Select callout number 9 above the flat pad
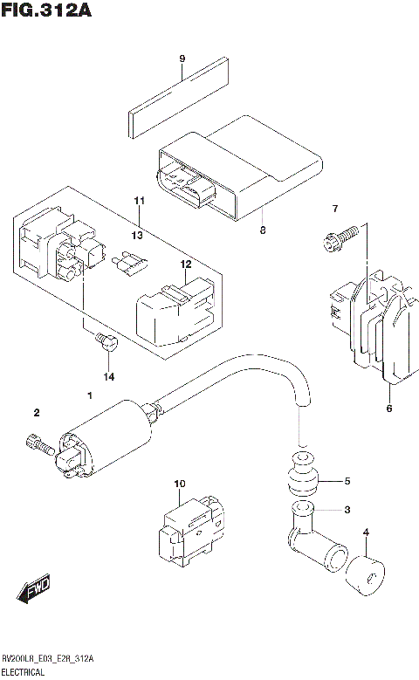182,58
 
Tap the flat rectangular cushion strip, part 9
180,95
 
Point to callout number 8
261,231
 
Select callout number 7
333,208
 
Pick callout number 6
388,408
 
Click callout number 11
137,202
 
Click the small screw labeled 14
106,341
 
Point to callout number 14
108,376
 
